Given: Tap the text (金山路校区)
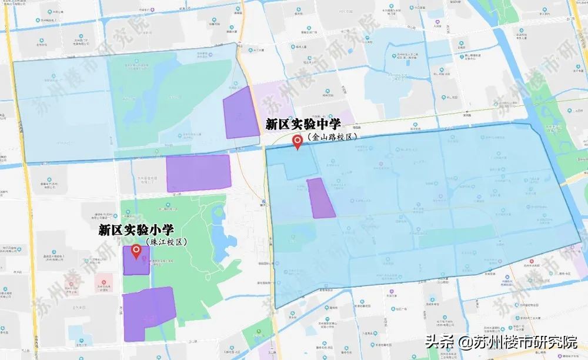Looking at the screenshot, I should tap(332, 136).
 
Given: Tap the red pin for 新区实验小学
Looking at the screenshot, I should tap(137, 252).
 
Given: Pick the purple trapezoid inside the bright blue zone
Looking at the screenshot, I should tap(320, 198).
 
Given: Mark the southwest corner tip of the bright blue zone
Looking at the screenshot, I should tap(275, 307).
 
